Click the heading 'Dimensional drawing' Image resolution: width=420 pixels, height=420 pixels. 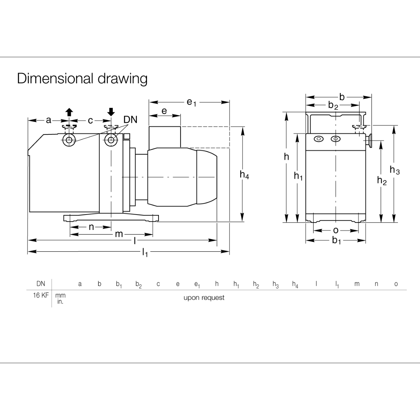[x=82, y=78]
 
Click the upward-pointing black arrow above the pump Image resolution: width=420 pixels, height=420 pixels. [x=69, y=112]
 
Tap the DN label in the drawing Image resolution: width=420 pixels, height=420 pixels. [x=130, y=120]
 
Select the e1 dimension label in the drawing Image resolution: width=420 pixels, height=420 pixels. [x=191, y=102]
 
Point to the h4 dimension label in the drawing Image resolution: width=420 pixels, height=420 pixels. [x=244, y=175]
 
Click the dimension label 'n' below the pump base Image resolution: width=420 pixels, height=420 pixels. [x=91, y=227]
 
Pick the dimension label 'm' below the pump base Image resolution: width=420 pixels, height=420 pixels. [x=119, y=234]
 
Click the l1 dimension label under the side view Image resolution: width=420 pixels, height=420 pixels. [x=145, y=252]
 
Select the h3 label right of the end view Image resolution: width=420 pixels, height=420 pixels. [x=394, y=170]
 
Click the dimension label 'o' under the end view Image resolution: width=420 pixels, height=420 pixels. [x=336, y=230]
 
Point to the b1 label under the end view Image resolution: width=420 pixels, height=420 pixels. [x=336, y=241]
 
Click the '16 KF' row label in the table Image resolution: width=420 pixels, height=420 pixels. [x=41, y=295]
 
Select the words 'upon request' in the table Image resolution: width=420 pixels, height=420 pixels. [x=204, y=298]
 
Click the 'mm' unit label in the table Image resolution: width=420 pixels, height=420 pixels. [x=61, y=295]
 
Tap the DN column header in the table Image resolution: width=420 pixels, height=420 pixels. [x=41, y=284]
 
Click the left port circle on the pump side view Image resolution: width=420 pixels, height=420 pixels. [x=69, y=140]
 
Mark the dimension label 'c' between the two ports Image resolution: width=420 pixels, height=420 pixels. [x=90, y=121]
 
